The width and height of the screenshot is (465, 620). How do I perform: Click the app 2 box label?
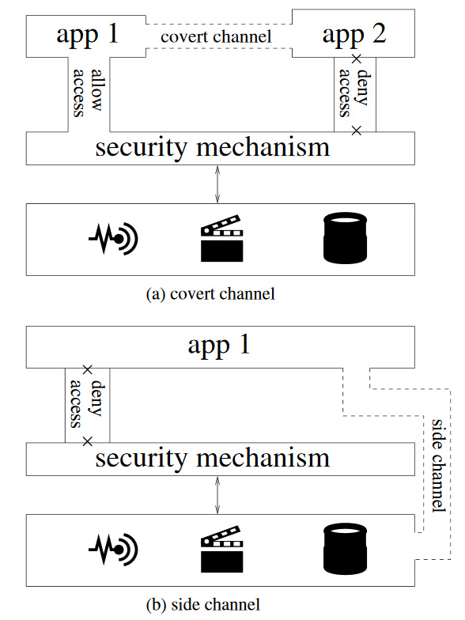(354, 35)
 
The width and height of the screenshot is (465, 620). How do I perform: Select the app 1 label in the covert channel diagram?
(87, 35)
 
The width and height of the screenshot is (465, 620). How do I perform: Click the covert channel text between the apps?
(216, 36)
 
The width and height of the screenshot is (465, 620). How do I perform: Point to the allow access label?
(88, 93)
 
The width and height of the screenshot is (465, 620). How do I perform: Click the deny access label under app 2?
(353, 93)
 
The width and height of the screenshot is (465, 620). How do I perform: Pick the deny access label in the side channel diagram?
(87, 403)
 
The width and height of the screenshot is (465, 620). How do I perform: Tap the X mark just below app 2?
(356, 59)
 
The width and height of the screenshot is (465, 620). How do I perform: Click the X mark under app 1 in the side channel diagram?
(87, 370)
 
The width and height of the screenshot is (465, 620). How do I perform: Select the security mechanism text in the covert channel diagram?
(212, 148)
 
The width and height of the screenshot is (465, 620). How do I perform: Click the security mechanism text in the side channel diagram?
(212, 459)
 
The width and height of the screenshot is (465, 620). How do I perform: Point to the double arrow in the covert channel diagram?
(217, 184)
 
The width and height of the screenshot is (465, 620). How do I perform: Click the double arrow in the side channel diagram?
(217, 495)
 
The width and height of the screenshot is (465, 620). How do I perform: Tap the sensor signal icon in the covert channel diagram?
(113, 239)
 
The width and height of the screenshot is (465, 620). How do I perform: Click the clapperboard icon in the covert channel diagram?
(221, 238)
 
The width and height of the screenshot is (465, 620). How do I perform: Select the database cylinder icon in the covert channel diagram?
(345, 238)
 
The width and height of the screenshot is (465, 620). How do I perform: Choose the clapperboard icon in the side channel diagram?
(221, 549)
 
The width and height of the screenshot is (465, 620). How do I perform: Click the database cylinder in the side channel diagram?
(345, 549)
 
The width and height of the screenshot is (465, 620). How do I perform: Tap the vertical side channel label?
(439, 466)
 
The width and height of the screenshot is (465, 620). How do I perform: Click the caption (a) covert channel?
(210, 294)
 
